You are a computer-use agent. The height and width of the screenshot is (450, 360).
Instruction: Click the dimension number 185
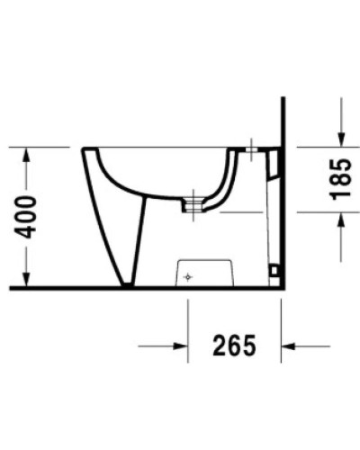(x=341, y=180)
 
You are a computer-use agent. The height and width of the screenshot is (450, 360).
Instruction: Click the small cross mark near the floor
(x=187, y=277)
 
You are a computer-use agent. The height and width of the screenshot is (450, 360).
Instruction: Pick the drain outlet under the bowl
(x=191, y=204)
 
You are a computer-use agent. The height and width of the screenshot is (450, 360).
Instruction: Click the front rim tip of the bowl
(x=84, y=149)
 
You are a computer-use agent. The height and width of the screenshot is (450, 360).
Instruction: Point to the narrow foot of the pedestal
(x=128, y=283)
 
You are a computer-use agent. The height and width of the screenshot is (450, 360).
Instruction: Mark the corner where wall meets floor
(x=283, y=289)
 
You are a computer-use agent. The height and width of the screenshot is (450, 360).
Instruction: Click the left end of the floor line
(x=11, y=289)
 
